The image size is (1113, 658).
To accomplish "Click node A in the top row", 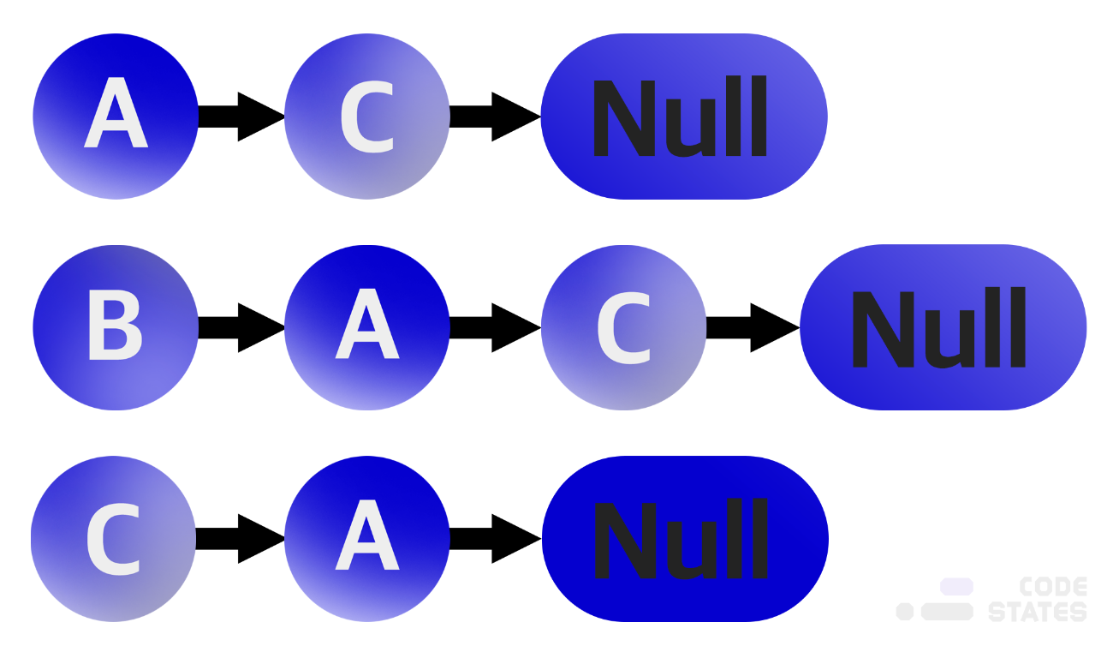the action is pyautogui.click(x=116, y=117).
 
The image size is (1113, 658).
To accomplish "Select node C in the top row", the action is pyautogui.click(x=367, y=117).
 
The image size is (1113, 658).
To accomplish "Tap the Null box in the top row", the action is pyautogui.click(x=684, y=117).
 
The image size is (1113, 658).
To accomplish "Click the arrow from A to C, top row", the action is pyautogui.click(x=241, y=117).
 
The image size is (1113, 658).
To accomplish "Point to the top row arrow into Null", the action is pyautogui.click(x=496, y=117).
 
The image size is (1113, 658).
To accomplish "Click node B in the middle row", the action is pyautogui.click(x=116, y=327).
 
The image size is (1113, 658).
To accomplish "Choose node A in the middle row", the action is pyautogui.click(x=367, y=327).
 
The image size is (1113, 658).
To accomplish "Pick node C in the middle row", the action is pyautogui.click(x=623, y=327).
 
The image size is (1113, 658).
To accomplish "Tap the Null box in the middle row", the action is pyautogui.click(x=943, y=327).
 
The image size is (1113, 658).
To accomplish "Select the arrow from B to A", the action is pyautogui.click(x=241, y=327).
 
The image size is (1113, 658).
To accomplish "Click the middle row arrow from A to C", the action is pyautogui.click(x=496, y=327).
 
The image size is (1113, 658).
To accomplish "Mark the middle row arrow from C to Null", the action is pyautogui.click(x=753, y=327).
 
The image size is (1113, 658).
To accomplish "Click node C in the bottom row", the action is pyautogui.click(x=113, y=539).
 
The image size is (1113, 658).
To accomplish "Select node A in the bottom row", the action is pyautogui.click(x=367, y=539).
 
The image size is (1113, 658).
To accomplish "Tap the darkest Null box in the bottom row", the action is pyautogui.click(x=685, y=539).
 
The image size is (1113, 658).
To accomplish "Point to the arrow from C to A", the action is pyautogui.click(x=241, y=539).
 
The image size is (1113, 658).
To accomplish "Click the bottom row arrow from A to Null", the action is pyautogui.click(x=496, y=539).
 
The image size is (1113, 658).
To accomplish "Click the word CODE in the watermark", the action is pyautogui.click(x=1053, y=587).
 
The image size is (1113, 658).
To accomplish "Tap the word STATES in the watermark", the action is pyautogui.click(x=1038, y=612).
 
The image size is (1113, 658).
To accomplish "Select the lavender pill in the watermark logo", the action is pyautogui.click(x=956, y=586).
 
